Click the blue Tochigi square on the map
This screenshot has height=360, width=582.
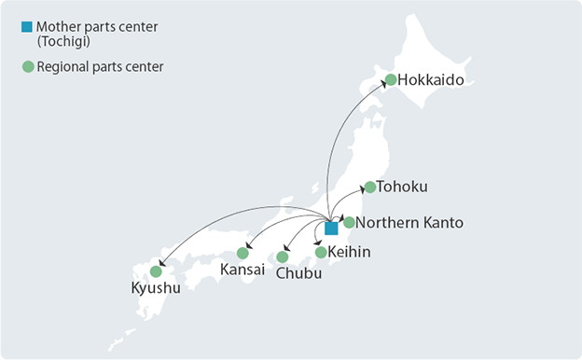(331, 228)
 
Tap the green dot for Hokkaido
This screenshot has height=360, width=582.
(392, 80)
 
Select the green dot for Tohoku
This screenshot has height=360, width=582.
(370, 187)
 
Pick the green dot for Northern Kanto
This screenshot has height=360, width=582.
(349, 222)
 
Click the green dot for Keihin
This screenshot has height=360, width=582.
(321, 252)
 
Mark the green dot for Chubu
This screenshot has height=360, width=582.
(283, 256)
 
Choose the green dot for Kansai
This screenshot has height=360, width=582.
(243, 253)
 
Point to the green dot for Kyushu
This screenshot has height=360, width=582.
(156, 271)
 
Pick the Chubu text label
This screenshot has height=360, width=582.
(298, 274)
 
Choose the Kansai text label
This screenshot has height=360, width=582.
(242, 270)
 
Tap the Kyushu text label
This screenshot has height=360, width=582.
(155, 288)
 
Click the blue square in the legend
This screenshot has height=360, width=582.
(27, 26)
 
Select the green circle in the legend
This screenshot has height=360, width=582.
(27, 66)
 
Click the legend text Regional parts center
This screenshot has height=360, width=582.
(97, 66)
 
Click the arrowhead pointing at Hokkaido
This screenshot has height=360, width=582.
(383, 85)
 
